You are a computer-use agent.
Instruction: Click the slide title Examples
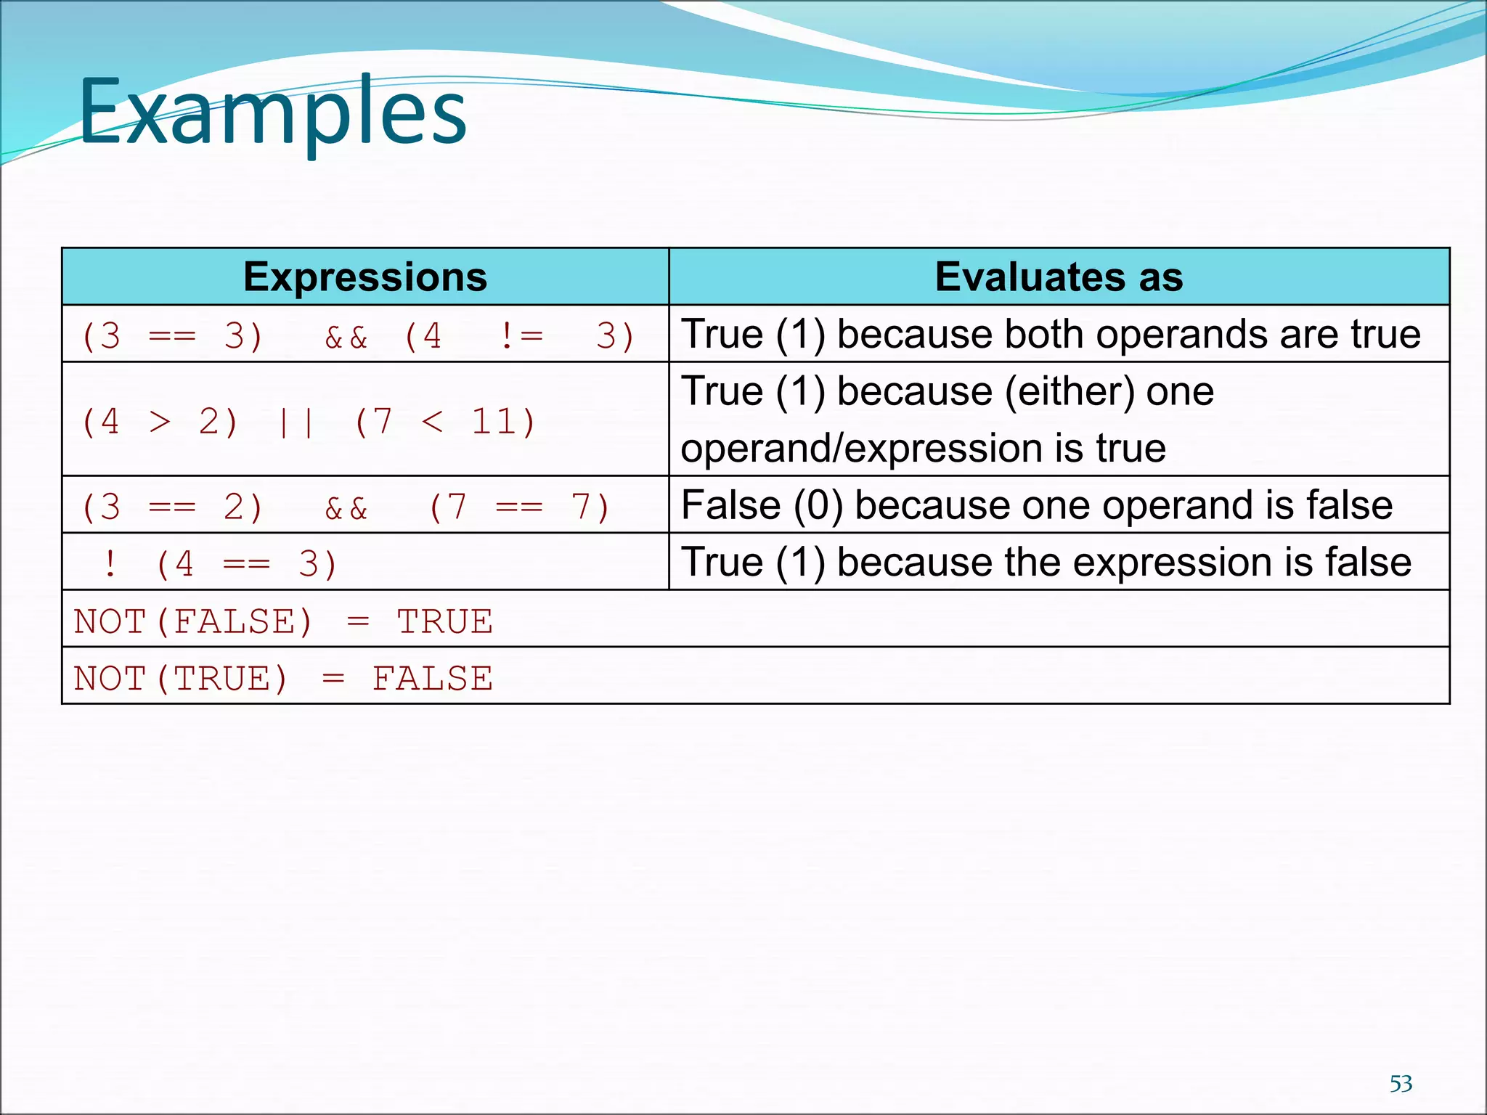272,113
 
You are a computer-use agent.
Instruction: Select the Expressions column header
364,277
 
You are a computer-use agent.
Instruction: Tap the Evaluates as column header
1059,277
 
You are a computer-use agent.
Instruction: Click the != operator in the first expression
521,336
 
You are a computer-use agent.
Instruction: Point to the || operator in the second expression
296,422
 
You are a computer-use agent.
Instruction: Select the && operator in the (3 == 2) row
346,507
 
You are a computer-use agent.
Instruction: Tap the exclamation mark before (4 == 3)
110,564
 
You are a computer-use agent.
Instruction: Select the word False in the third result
730,505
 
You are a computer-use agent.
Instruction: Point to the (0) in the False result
818,505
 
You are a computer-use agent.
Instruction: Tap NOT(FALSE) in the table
193,621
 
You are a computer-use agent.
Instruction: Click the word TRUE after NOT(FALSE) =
444,621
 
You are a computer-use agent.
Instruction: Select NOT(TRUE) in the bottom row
181,679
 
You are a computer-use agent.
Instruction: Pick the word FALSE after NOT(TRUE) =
432,679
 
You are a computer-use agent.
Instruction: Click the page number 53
1401,1084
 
